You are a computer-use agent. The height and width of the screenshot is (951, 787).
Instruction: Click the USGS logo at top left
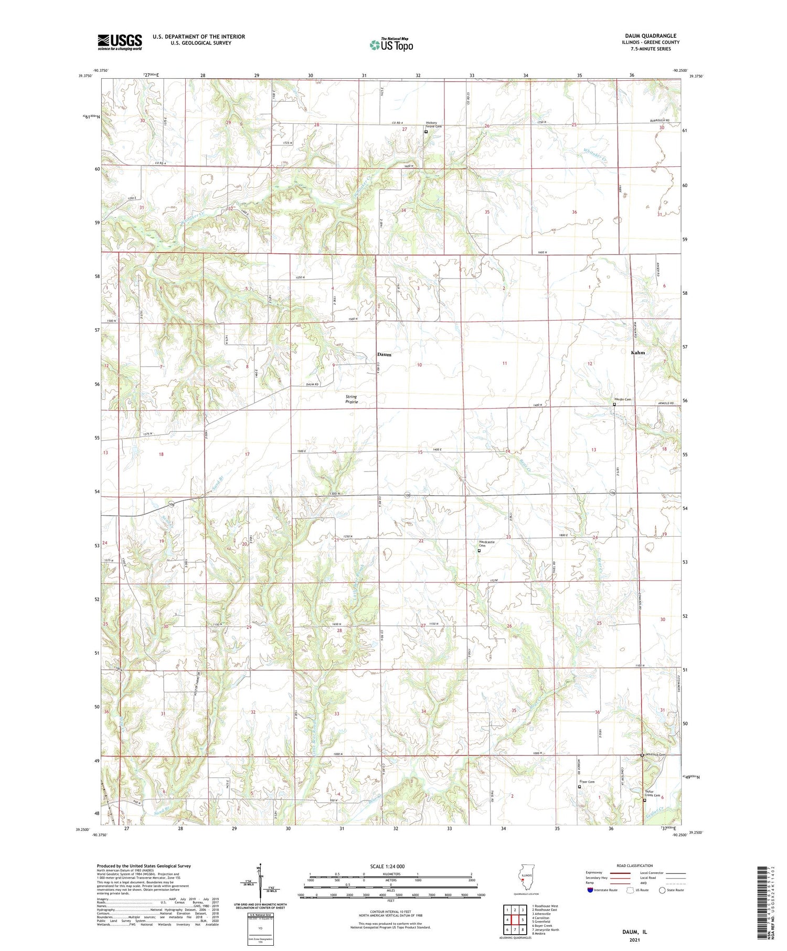pyautogui.click(x=120, y=42)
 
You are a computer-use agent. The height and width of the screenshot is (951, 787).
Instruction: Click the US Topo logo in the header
pyautogui.click(x=391, y=45)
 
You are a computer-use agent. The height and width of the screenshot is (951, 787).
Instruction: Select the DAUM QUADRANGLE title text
pyautogui.click(x=650, y=36)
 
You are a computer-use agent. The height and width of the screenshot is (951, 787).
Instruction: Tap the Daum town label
pyautogui.click(x=384, y=355)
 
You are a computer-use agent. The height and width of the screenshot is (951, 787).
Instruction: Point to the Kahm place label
pyautogui.click(x=637, y=352)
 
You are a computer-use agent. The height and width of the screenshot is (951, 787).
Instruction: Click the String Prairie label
pyautogui.click(x=351, y=399)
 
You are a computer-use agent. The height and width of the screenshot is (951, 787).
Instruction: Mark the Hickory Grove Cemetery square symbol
pyautogui.click(x=426, y=132)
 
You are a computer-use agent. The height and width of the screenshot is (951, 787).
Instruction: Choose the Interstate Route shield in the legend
pyautogui.click(x=590, y=890)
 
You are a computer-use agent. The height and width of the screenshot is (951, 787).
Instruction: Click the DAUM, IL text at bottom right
pyautogui.click(x=634, y=932)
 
